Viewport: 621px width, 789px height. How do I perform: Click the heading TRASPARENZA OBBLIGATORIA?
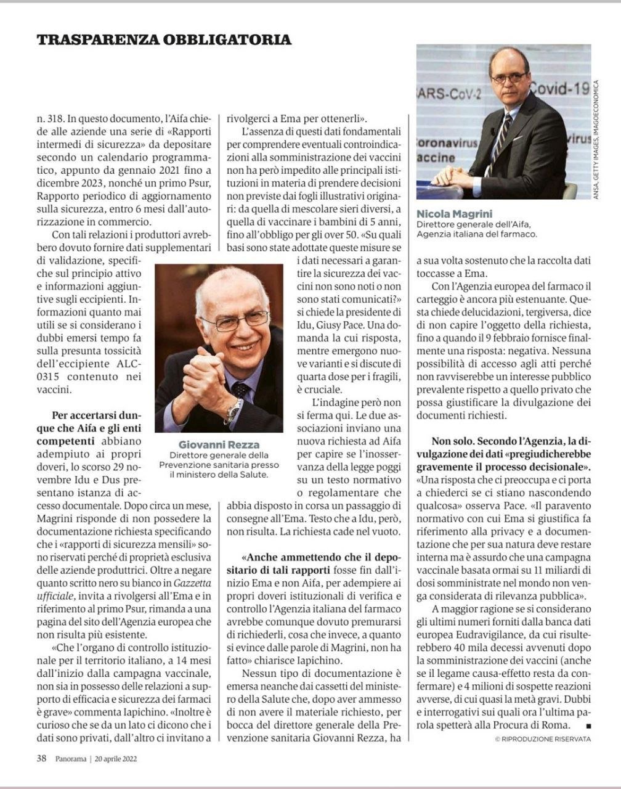pos(164,40)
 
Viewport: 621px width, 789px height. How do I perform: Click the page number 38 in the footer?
pos(42,759)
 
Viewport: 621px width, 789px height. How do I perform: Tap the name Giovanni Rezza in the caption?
pos(219,444)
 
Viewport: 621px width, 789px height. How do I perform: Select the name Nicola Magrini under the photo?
pos(450,214)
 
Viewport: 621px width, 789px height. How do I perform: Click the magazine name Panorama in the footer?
pos(70,759)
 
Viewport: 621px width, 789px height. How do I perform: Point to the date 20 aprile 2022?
pos(116,759)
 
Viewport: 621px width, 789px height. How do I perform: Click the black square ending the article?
pos(588,726)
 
